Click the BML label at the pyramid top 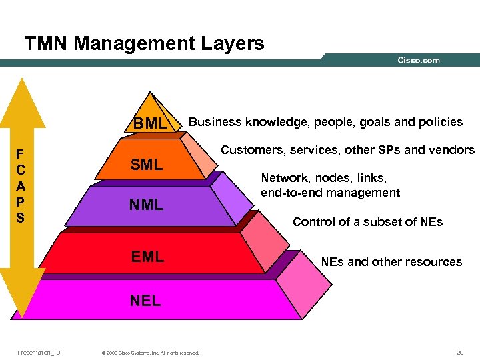click(x=150, y=123)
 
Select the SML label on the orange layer click(x=147, y=165)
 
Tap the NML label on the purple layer click(x=147, y=205)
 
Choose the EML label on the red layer click(x=147, y=256)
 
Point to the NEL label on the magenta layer click(x=145, y=301)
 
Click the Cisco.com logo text click(x=419, y=61)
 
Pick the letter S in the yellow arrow click(x=19, y=217)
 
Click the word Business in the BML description click(x=215, y=122)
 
